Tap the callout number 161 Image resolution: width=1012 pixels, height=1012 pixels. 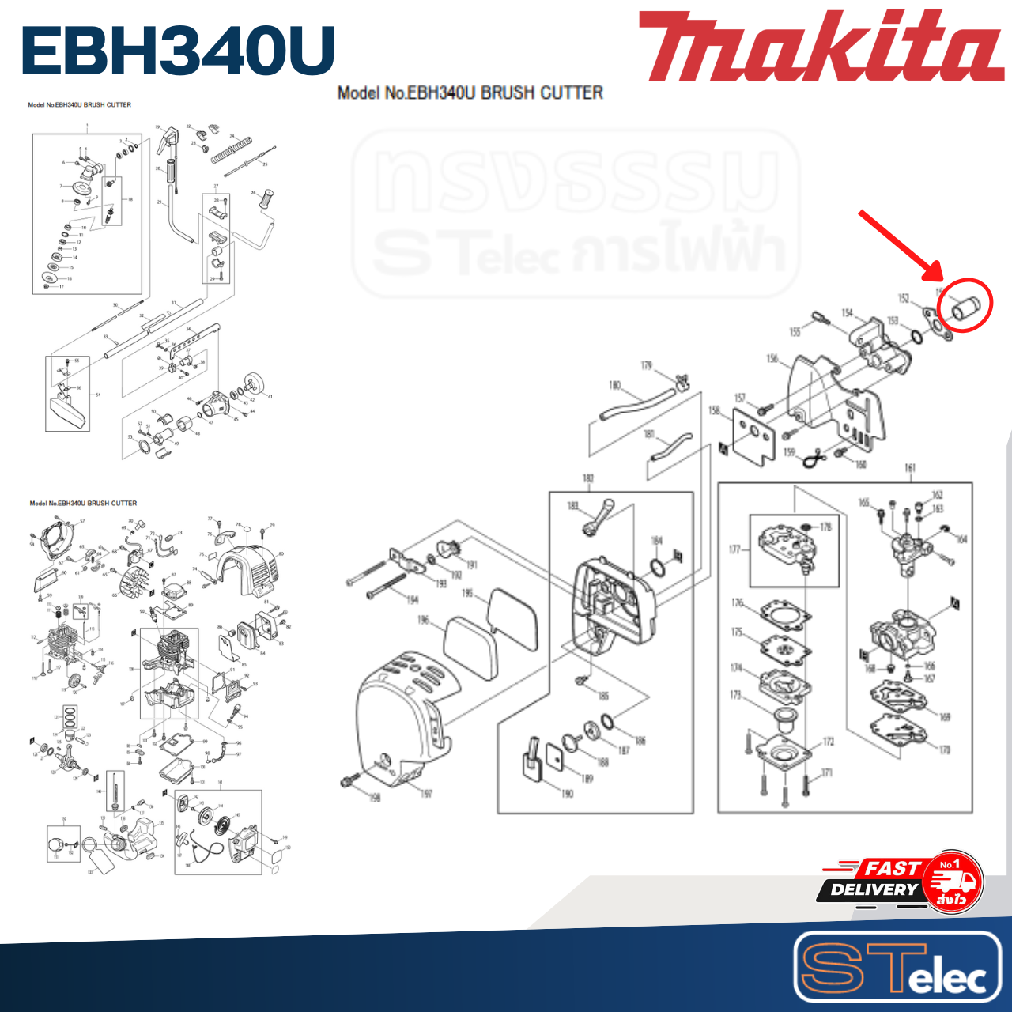tap(910, 468)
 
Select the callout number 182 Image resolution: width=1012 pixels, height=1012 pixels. tap(588, 478)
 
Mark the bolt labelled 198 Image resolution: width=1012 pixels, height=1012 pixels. tap(349, 782)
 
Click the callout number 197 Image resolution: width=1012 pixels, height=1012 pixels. tap(426, 793)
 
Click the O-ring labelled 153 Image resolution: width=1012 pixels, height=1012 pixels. tap(916, 336)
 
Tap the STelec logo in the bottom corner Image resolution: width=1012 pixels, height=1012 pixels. tap(897, 967)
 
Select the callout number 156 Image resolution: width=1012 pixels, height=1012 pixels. tap(772, 359)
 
